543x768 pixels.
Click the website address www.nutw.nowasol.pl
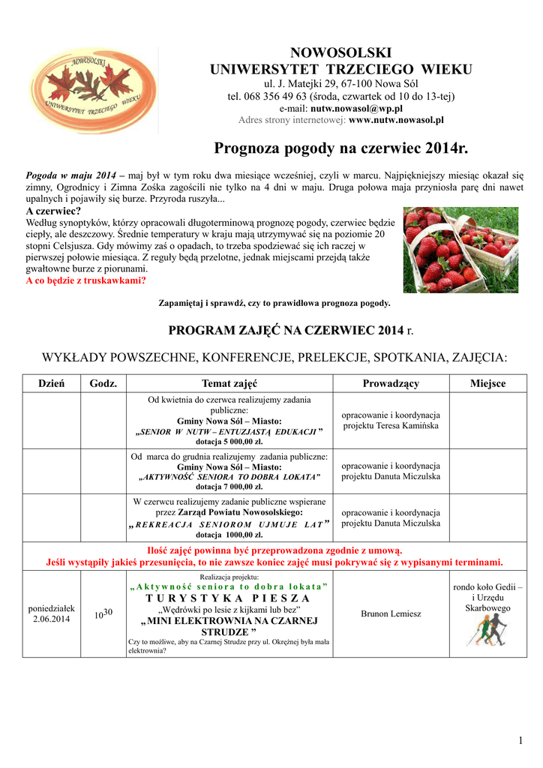tap(397, 119)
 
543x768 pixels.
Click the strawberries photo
tap(460, 250)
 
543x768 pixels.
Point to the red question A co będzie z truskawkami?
tap(85, 280)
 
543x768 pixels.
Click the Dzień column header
tap(52, 383)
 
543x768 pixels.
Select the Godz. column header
tap(103, 383)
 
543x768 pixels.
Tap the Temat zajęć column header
tap(229, 383)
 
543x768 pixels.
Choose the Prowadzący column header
tap(391, 383)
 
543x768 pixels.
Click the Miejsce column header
tap(487, 383)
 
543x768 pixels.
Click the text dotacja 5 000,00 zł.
tap(229, 442)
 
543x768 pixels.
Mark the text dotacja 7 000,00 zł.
tap(229, 487)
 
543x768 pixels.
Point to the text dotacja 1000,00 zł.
tap(229, 535)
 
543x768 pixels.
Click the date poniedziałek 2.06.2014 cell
tap(52, 614)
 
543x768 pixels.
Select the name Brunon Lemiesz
tap(391, 614)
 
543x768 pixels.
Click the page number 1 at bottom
tap(520, 742)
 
